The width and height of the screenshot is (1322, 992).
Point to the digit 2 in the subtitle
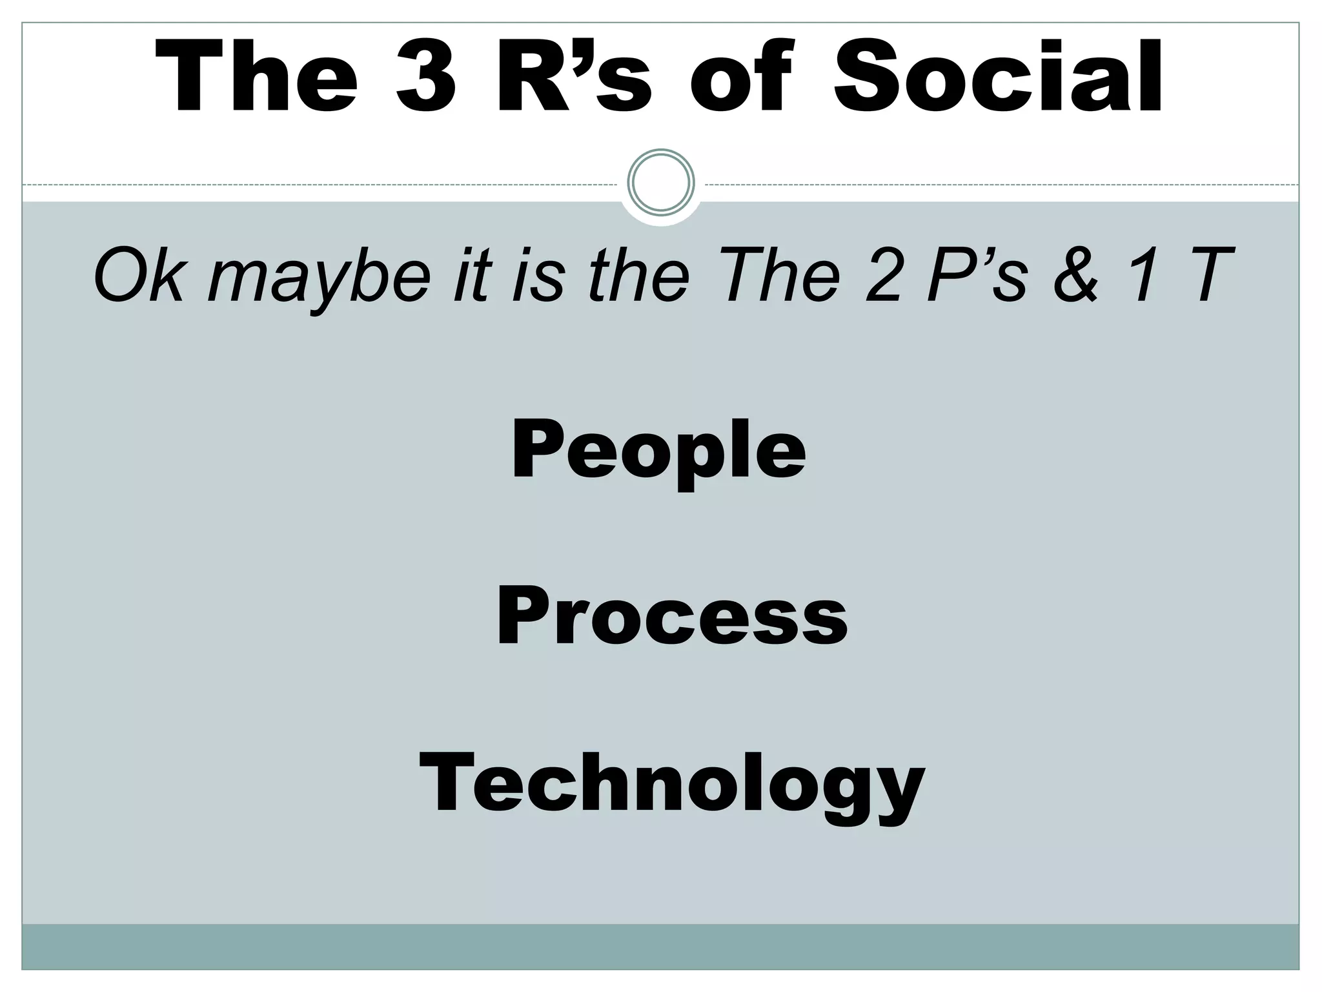click(882, 276)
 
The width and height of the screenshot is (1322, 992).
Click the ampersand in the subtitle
click(1074, 276)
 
